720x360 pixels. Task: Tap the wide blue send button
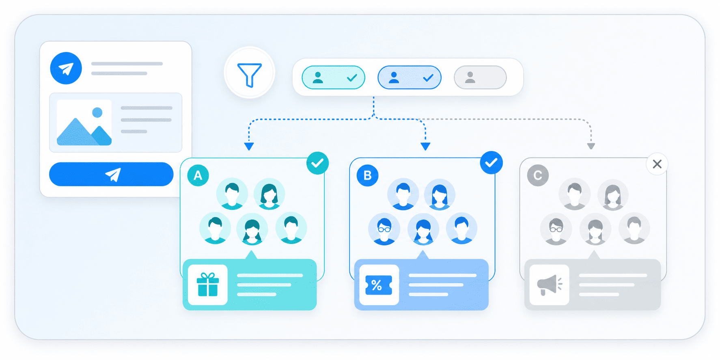(x=111, y=175)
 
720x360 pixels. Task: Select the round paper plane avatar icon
(x=66, y=68)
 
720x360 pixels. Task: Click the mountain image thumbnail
(x=84, y=123)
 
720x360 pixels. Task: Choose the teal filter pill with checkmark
(x=333, y=78)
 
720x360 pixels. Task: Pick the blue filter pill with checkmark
(x=409, y=78)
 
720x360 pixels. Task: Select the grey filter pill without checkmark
(x=480, y=78)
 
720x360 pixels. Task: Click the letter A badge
(x=198, y=175)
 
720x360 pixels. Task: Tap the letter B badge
(x=368, y=175)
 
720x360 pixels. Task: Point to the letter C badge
(x=538, y=175)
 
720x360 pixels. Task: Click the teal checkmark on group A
(x=317, y=163)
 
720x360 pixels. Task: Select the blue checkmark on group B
(x=491, y=163)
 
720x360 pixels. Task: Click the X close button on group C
(x=657, y=164)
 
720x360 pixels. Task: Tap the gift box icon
(x=208, y=285)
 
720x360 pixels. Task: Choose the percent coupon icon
(x=379, y=285)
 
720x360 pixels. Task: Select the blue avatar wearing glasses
(x=384, y=229)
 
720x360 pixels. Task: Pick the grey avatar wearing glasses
(x=556, y=229)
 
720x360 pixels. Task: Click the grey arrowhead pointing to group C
(x=591, y=146)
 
